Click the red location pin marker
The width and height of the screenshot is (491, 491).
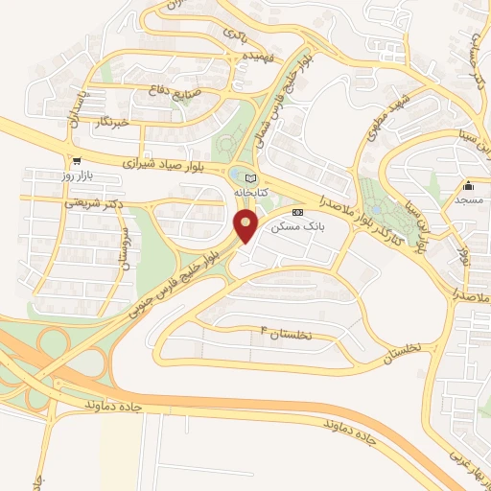[246, 226]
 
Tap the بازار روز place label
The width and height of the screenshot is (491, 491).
[76, 177]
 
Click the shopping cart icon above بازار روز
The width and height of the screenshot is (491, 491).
[76, 161]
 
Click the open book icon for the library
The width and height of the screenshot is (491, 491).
[251, 177]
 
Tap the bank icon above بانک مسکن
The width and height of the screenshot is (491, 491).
[297, 211]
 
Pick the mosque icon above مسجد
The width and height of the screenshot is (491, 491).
[469, 186]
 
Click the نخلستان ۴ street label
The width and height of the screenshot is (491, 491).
[286, 332]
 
